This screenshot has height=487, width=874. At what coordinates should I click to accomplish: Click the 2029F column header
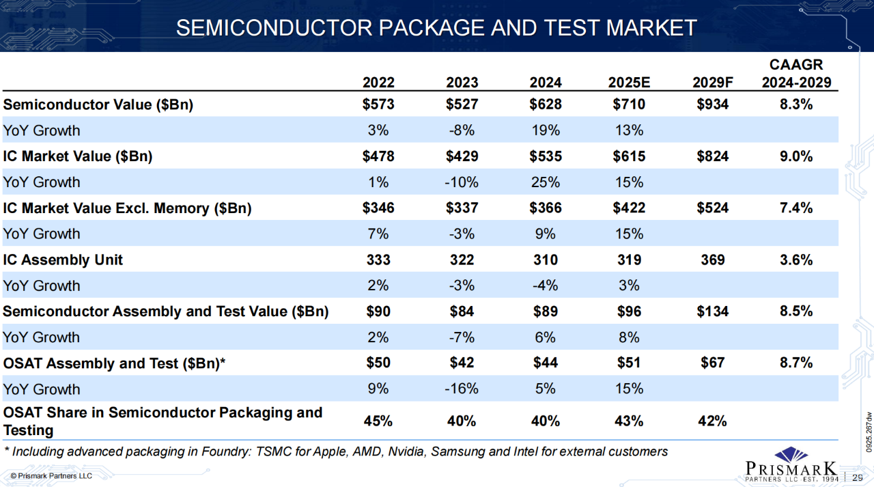point(712,83)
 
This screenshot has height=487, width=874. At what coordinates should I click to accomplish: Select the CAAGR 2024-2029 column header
point(796,74)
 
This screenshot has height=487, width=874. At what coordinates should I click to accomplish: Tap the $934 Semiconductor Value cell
point(712,105)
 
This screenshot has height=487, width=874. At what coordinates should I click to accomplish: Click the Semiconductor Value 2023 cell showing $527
point(462,105)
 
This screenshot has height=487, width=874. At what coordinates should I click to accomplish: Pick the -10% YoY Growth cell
point(462,182)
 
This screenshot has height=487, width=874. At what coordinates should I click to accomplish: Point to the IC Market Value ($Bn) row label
point(78,156)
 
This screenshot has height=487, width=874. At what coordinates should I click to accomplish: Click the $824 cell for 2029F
point(712,156)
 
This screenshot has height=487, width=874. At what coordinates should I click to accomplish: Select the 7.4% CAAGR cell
point(796,208)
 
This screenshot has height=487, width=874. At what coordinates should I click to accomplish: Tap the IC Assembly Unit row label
point(64,260)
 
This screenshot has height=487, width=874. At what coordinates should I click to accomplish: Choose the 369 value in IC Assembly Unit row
point(712,260)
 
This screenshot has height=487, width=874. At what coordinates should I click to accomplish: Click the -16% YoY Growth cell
point(462,389)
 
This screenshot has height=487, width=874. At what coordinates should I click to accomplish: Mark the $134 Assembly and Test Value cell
point(712,311)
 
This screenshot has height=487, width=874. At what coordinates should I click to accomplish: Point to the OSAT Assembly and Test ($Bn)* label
point(114,363)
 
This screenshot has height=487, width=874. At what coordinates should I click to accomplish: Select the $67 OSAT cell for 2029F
point(712,363)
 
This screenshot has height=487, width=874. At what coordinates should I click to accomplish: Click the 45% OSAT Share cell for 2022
point(378,421)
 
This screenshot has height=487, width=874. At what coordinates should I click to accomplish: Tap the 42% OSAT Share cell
point(712,421)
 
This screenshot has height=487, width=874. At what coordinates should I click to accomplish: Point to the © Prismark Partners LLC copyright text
point(51,475)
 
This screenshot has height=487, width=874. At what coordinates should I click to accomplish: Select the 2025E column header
point(629,83)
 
